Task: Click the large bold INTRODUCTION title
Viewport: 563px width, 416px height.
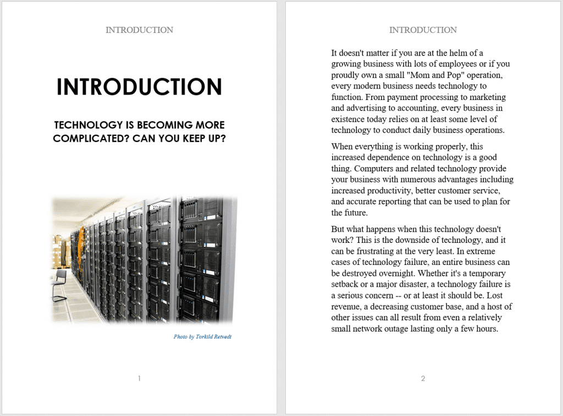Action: point(139,87)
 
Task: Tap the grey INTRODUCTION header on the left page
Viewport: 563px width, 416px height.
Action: point(139,30)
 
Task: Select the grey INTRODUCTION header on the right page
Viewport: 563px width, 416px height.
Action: point(423,30)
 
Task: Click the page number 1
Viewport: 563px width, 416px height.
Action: point(140,378)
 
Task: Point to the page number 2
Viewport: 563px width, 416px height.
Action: point(423,378)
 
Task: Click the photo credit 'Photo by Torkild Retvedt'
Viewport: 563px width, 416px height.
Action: point(202,336)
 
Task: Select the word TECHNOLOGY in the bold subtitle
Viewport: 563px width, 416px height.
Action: point(87,125)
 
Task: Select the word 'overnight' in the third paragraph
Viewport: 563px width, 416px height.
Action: point(395,274)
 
